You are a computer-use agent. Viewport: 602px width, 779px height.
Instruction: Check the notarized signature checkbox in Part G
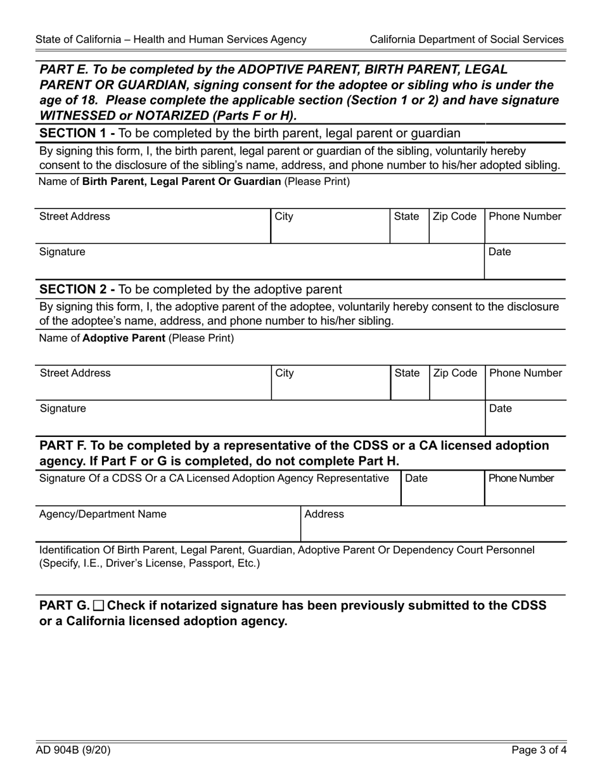tap(98, 605)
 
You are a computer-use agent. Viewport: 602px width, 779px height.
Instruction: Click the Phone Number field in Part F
tap(524, 488)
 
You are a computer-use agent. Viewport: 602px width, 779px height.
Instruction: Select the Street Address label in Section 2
tap(75, 373)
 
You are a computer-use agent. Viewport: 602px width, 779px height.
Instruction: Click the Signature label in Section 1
tap(62, 252)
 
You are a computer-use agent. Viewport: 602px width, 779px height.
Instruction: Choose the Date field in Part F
tap(442, 488)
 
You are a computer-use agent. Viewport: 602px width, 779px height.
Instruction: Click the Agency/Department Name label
tap(103, 514)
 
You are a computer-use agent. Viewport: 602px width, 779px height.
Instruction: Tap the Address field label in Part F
tap(324, 514)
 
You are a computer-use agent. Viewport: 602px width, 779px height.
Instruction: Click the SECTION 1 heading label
tap(77, 132)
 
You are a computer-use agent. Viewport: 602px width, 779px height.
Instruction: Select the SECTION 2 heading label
tap(77, 289)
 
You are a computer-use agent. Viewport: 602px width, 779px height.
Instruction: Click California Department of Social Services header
tap(466, 39)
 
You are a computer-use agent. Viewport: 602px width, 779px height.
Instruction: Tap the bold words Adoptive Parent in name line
tap(124, 338)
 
